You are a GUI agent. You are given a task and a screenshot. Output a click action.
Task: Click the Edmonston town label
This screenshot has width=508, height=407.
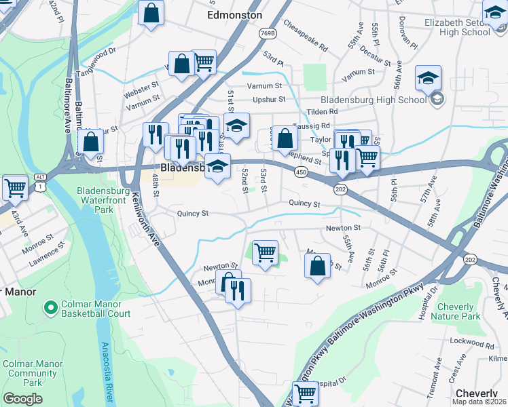coord(234,15)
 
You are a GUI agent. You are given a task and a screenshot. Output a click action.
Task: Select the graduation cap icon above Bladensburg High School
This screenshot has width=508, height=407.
coord(429,79)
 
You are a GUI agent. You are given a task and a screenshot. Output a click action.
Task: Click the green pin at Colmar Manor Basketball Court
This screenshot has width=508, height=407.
coord(50,309)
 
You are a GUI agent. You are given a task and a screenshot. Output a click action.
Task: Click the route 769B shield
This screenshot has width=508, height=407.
coord(268,33)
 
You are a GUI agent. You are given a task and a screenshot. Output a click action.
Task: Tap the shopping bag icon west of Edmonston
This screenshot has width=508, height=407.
coord(151,12)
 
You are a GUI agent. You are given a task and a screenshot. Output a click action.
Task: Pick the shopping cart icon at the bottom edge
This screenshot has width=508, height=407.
coord(305,393)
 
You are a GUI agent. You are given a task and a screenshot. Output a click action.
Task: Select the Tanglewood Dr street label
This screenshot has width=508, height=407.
coord(97,56)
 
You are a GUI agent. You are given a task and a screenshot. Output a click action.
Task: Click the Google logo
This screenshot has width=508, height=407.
coord(22,399)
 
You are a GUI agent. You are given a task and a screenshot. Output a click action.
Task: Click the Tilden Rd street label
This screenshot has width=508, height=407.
coord(323,111)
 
